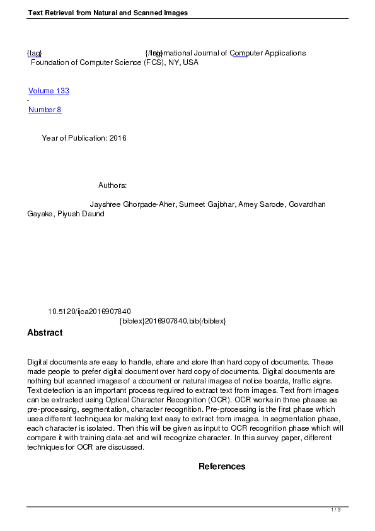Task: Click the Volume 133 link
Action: [49, 91]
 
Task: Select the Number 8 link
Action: [45, 110]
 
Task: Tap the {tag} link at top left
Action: [34, 53]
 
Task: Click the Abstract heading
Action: [45, 332]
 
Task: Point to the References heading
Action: [222, 467]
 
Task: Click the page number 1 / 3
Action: [337, 510]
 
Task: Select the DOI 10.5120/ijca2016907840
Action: [89, 312]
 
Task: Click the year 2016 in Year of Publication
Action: [118, 138]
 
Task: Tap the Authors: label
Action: [113, 185]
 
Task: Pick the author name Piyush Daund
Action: [81, 214]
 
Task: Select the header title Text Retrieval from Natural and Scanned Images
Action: [108, 13]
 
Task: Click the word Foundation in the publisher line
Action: [51, 62]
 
